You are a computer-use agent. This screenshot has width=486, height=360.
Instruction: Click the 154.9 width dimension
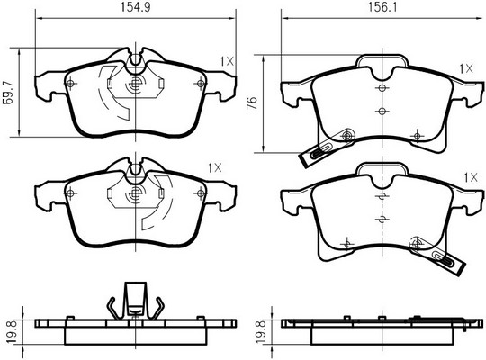click(135, 7)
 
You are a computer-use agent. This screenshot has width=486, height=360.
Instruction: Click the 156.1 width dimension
click(382, 7)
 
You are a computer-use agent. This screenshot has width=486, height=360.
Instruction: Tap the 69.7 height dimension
click(8, 93)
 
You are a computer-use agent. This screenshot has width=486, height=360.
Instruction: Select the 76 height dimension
click(252, 103)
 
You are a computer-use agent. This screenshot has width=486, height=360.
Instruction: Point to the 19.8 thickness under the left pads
click(12, 332)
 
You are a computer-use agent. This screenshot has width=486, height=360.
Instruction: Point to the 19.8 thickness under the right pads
click(261, 332)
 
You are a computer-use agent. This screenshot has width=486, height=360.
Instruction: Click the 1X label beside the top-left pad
click(227, 61)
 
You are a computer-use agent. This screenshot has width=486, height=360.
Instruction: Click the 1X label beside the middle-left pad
click(215, 168)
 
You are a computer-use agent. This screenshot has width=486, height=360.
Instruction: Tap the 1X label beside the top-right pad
click(466, 68)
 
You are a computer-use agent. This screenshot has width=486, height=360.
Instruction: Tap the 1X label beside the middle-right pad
click(471, 177)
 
